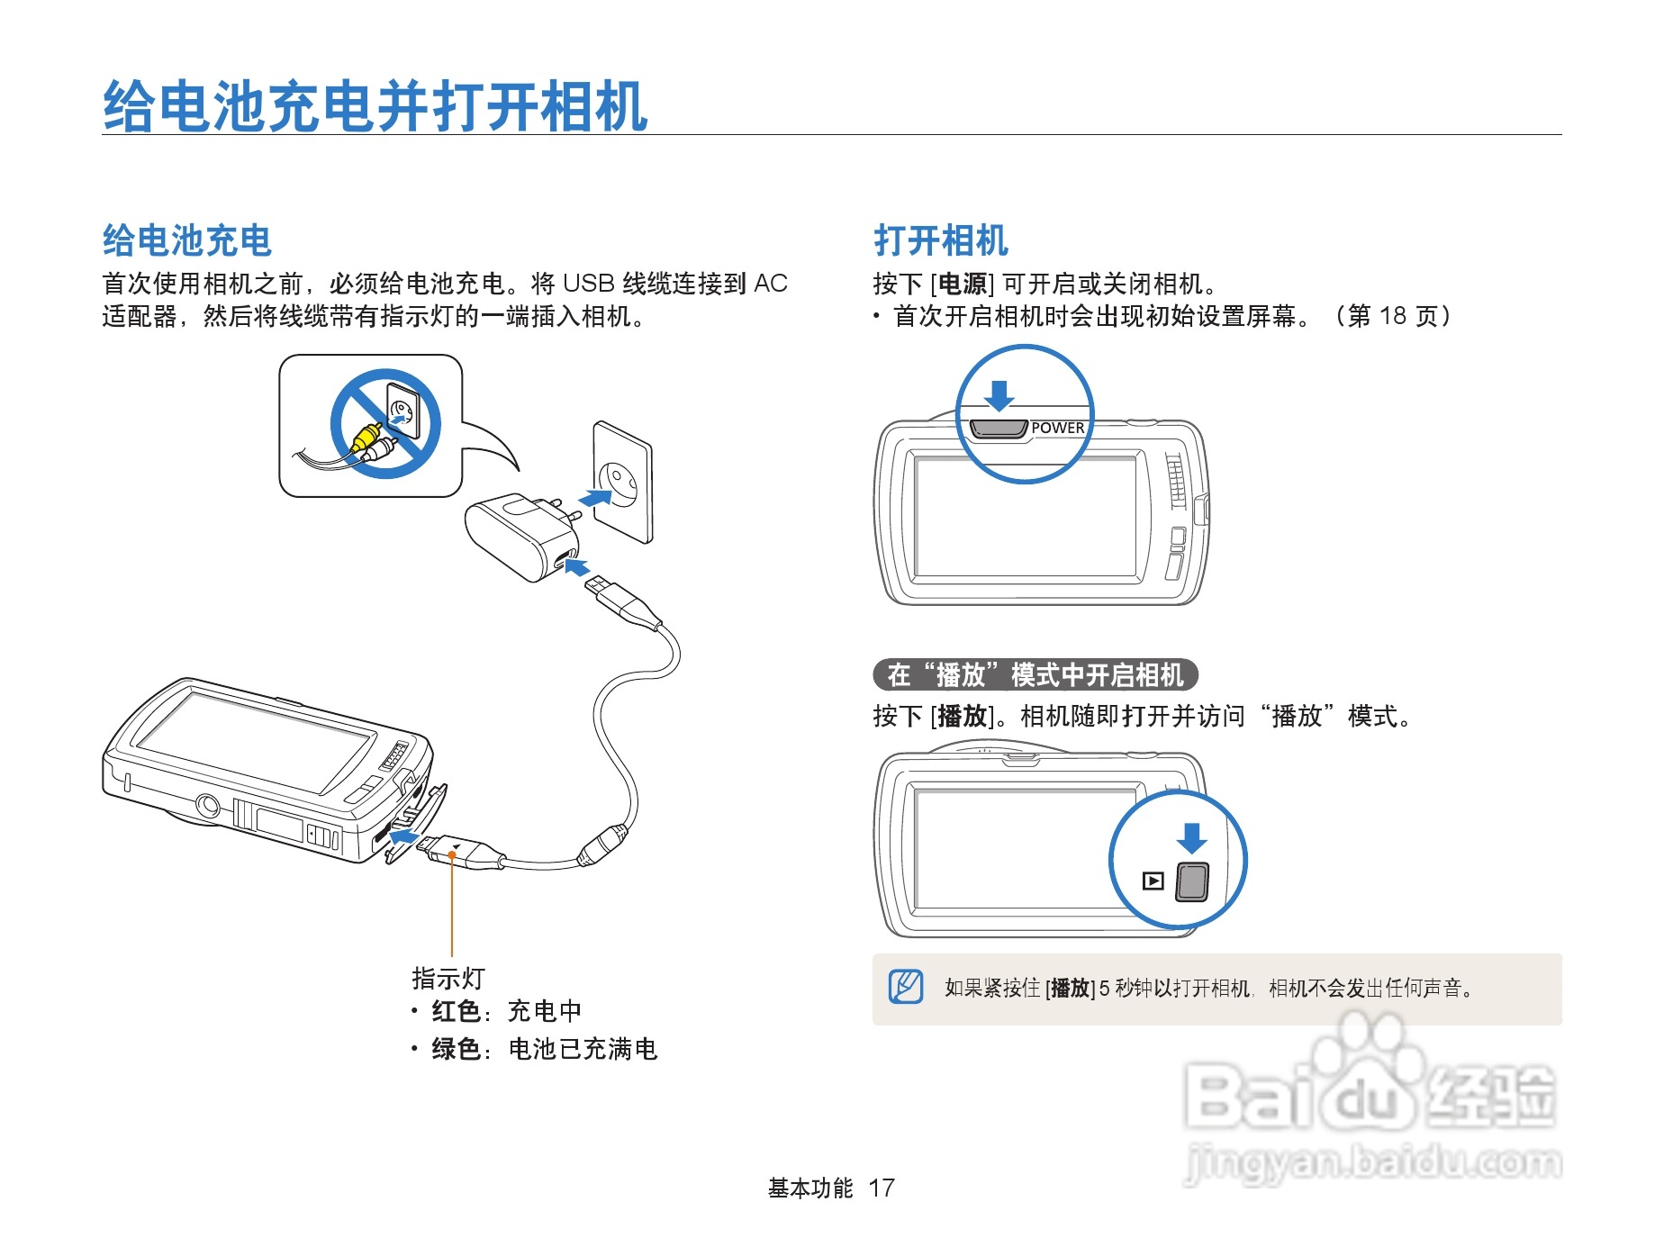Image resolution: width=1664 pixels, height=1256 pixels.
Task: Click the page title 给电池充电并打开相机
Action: pyautogui.click(x=375, y=106)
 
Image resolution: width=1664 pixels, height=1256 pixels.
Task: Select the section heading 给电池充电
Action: pyautogui.click(x=187, y=240)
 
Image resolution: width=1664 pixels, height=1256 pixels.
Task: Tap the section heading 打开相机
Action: pyautogui.click(x=941, y=240)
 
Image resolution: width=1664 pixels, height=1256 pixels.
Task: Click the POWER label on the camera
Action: pyautogui.click(x=1058, y=428)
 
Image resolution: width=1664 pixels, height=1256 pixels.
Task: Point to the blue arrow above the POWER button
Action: pyautogui.click(x=999, y=395)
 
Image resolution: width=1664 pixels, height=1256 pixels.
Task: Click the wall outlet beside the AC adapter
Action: pyautogui.click(x=622, y=482)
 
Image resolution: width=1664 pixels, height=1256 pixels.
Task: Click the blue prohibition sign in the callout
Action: pyautogui.click(x=385, y=424)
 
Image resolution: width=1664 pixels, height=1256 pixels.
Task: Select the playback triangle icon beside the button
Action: pyautogui.click(x=1153, y=881)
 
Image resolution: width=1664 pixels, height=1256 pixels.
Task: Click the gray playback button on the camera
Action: pyautogui.click(x=1192, y=881)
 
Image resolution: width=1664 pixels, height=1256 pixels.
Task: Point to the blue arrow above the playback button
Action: pyautogui.click(x=1192, y=838)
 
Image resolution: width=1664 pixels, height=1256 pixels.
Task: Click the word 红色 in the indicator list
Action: pyautogui.click(x=456, y=1011)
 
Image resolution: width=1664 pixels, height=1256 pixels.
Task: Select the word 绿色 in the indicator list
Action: pyautogui.click(x=456, y=1049)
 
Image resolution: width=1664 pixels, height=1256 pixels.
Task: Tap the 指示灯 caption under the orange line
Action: pyautogui.click(x=448, y=979)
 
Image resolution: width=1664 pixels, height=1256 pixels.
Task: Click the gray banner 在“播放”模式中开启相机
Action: pyautogui.click(x=1035, y=674)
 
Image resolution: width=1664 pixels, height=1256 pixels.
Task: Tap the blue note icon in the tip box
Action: pyautogui.click(x=906, y=987)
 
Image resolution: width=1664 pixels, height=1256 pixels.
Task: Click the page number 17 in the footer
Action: pyautogui.click(x=882, y=1188)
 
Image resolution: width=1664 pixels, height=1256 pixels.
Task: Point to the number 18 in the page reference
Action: pyautogui.click(x=1393, y=315)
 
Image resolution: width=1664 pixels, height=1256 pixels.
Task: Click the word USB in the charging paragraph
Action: pyautogui.click(x=589, y=284)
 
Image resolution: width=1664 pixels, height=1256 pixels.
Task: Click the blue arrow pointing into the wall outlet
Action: pyautogui.click(x=594, y=497)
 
